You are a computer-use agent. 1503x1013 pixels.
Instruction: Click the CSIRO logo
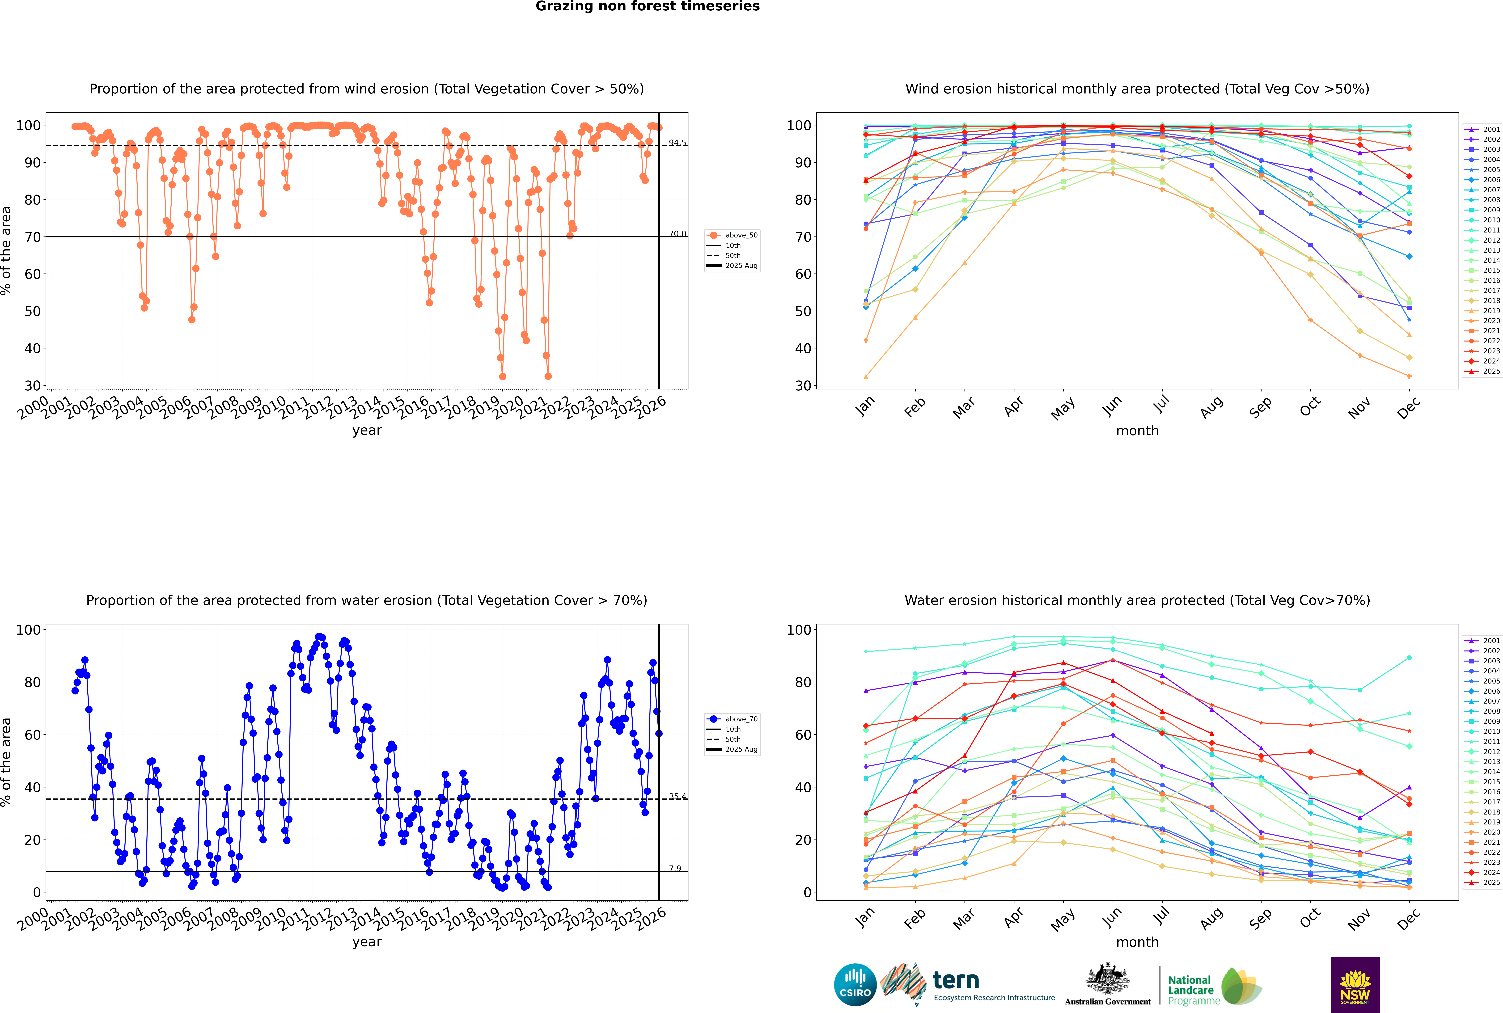pos(855,985)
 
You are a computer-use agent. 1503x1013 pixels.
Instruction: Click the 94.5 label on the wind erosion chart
pos(677,143)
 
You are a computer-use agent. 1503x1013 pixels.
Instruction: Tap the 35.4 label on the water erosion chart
pos(677,797)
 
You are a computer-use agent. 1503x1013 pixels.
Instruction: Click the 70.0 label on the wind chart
pos(677,234)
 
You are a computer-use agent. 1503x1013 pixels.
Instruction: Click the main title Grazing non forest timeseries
pos(648,6)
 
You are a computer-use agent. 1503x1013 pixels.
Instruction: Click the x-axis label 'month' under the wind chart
pos(1137,431)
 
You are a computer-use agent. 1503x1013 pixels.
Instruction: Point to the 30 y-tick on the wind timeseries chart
pos(32,386)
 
